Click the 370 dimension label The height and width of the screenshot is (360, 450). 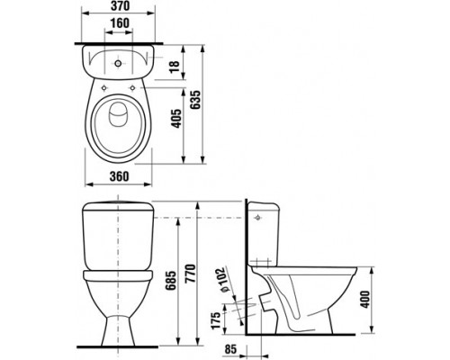[120, 6]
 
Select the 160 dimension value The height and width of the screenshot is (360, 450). [119, 23]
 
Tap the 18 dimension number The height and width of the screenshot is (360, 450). [174, 67]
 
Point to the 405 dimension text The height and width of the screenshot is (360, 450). [176, 119]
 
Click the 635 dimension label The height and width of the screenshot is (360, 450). [195, 100]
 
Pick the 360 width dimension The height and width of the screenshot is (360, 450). [119, 176]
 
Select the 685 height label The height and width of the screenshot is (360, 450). [171, 281]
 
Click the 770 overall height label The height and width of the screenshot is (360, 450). [190, 274]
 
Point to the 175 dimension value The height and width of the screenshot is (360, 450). [216, 320]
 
